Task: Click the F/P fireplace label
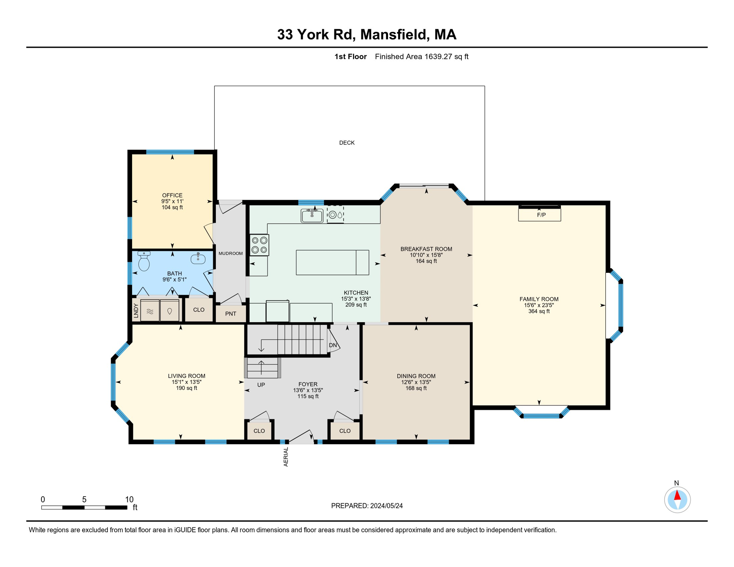coord(541,215)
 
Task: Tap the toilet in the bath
coord(144,261)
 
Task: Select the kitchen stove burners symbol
coord(259,245)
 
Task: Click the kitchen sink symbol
coord(312,215)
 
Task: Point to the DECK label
coord(347,143)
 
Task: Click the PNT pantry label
coord(231,314)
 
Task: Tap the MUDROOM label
coord(231,253)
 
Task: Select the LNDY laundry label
coord(136,310)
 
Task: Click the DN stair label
coord(333,345)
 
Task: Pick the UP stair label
coord(261,385)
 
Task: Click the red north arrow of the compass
coord(677,495)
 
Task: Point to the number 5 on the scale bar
coord(84,499)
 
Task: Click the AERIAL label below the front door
coord(286,457)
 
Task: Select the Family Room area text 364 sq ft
coord(539,311)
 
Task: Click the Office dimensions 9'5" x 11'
coord(172,201)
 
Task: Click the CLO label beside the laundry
coord(199,310)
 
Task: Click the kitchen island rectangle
coord(332,262)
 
